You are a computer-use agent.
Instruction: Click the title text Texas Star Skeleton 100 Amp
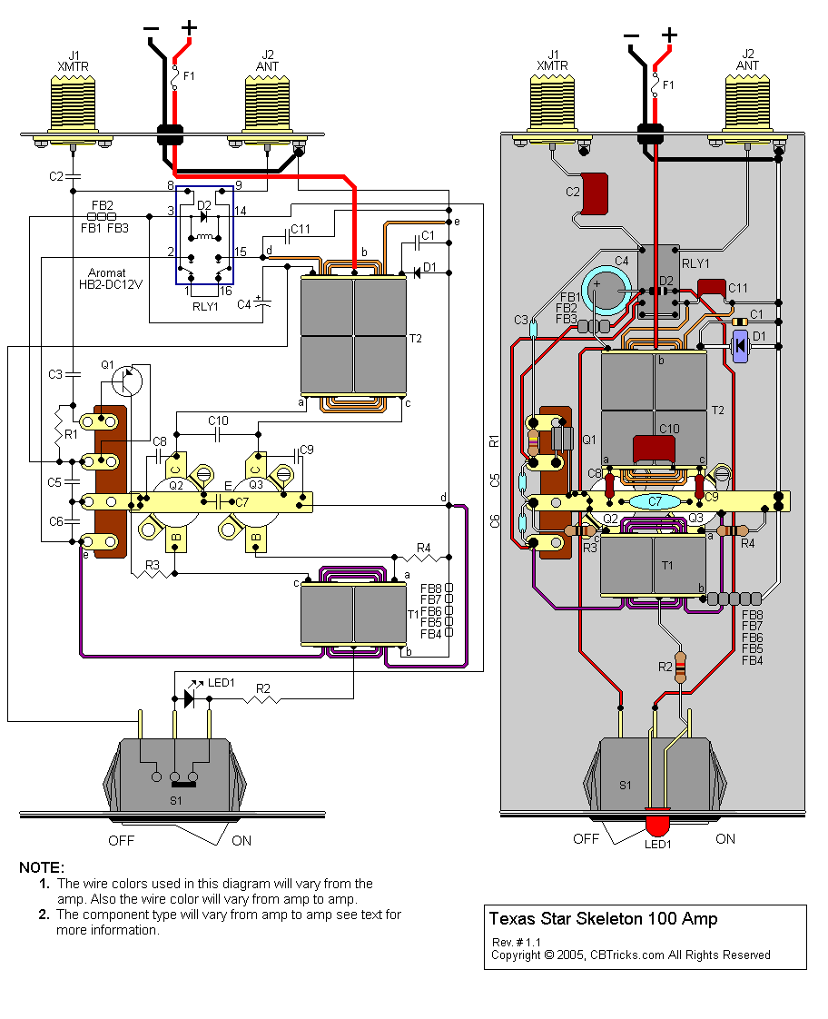tap(603, 918)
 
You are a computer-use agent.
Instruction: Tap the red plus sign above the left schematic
tap(189, 28)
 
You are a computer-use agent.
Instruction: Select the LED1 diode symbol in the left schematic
tap(189, 697)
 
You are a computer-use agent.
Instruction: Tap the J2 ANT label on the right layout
tap(747, 60)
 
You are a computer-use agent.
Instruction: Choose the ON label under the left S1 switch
tap(241, 840)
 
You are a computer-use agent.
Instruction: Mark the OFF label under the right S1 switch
tap(586, 839)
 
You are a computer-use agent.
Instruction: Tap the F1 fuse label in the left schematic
tap(189, 76)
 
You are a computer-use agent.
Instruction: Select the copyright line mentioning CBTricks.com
tap(630, 955)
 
